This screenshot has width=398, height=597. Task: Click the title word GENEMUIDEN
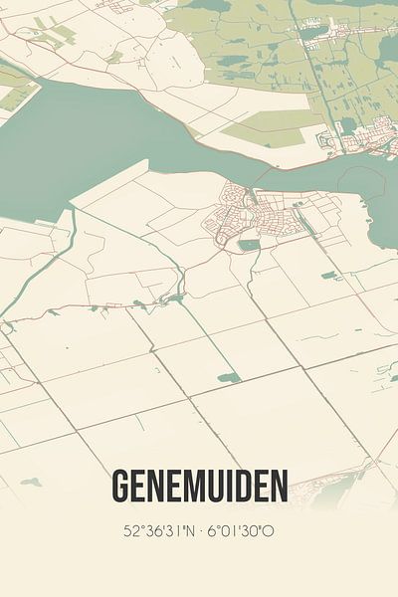tap(200, 487)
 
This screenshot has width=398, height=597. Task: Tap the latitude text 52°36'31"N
tap(159, 530)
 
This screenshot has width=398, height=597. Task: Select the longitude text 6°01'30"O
tap(242, 530)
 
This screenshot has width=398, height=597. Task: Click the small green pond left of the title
tap(31, 482)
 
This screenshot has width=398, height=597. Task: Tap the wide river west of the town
tap(80, 139)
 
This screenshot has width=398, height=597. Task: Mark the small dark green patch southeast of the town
tap(329, 275)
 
